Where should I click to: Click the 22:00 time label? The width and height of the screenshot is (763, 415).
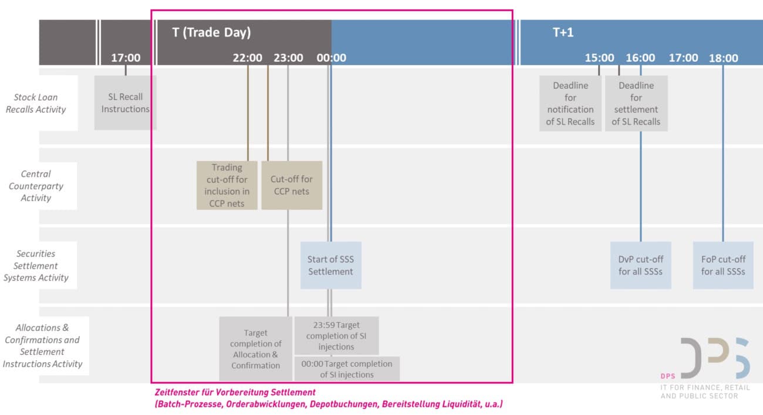[x=247, y=58]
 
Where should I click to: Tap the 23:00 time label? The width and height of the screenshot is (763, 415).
[x=288, y=58]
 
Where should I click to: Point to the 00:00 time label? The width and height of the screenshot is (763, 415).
[x=331, y=58]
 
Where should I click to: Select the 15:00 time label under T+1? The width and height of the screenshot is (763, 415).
[x=599, y=58]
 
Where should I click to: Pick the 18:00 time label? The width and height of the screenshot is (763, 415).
[x=723, y=58]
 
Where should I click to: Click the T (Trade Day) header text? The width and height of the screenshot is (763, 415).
[x=211, y=32]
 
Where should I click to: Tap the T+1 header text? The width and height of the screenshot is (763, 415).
[x=563, y=32]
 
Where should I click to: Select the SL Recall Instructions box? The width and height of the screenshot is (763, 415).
[x=125, y=103]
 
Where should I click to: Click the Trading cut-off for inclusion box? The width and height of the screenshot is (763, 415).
[x=227, y=185]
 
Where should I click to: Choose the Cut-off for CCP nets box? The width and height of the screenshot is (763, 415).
[x=292, y=185]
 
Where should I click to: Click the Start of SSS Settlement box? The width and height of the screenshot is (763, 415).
[x=330, y=265]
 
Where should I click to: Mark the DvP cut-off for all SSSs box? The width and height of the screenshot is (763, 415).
[x=640, y=265]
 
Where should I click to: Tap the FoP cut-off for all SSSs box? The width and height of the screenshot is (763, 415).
[x=723, y=265]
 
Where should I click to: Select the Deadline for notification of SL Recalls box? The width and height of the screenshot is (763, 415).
[x=570, y=103]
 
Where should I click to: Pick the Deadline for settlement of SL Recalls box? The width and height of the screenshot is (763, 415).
[x=636, y=103]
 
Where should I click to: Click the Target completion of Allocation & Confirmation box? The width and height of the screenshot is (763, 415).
[x=255, y=349]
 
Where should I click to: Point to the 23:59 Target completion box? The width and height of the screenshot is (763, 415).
[x=336, y=336]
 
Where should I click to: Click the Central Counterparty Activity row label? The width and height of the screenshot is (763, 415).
[x=36, y=186]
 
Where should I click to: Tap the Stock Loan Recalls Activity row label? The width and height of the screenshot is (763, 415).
[x=36, y=103]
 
